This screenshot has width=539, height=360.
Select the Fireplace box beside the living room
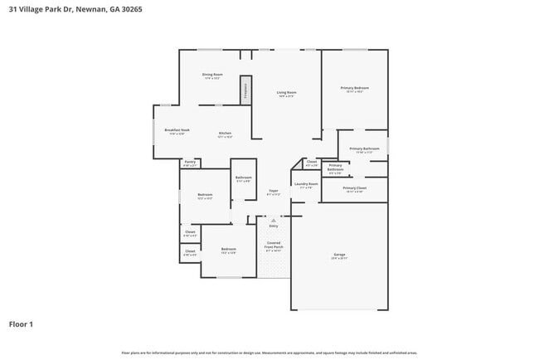click(x=245, y=90)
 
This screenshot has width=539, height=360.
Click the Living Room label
click(x=286, y=93)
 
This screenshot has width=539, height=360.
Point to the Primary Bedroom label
click(x=354, y=89)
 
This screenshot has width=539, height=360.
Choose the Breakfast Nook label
click(x=177, y=130)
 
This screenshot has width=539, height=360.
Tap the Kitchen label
click(x=225, y=134)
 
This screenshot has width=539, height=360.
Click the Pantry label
click(x=190, y=163)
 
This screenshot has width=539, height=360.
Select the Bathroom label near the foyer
click(x=243, y=178)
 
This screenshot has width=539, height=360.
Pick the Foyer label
click(x=273, y=192)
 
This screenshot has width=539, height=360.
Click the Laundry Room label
click(x=306, y=185)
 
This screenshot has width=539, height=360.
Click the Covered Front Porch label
click(x=273, y=246)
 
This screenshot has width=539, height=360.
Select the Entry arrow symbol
click(x=274, y=220)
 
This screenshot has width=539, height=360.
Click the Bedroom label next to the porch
click(x=228, y=250)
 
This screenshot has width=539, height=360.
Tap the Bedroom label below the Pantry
click(x=205, y=196)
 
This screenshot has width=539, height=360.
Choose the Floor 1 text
click(x=21, y=324)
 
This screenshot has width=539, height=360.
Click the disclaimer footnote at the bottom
click(x=269, y=353)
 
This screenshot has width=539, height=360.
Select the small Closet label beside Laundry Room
click(x=312, y=163)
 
